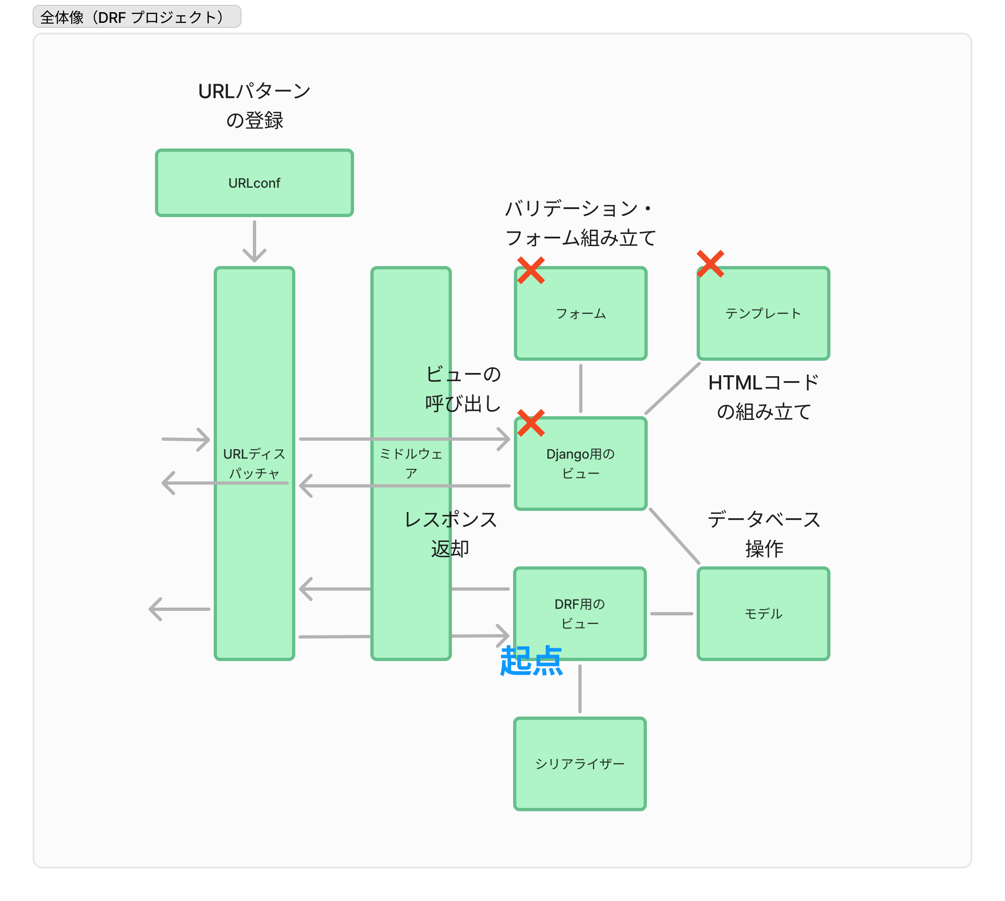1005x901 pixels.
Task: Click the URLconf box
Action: (255, 183)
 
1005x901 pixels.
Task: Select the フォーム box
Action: (580, 313)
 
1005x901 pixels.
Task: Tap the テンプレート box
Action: (763, 313)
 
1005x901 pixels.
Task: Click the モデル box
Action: (763, 613)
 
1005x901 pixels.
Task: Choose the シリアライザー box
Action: (580, 763)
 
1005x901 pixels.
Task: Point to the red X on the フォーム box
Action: (531, 270)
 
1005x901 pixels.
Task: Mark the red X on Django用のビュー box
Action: (531, 423)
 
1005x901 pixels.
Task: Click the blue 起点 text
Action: (531, 661)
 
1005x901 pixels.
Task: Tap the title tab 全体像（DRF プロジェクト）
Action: (137, 17)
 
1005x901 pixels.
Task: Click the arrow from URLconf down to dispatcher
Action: (255, 241)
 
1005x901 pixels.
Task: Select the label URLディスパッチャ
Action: (255, 464)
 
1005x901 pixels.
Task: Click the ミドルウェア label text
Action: (411, 464)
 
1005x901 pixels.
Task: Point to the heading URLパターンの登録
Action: (255, 105)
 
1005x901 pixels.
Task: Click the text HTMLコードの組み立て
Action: (763, 397)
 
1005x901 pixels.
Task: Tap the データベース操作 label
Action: (764, 534)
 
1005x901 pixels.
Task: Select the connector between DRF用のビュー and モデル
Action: (671, 613)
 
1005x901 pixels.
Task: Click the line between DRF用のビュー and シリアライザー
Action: (580, 688)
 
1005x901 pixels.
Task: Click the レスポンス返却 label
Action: (450, 534)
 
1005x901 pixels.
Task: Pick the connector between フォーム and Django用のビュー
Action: (580, 388)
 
